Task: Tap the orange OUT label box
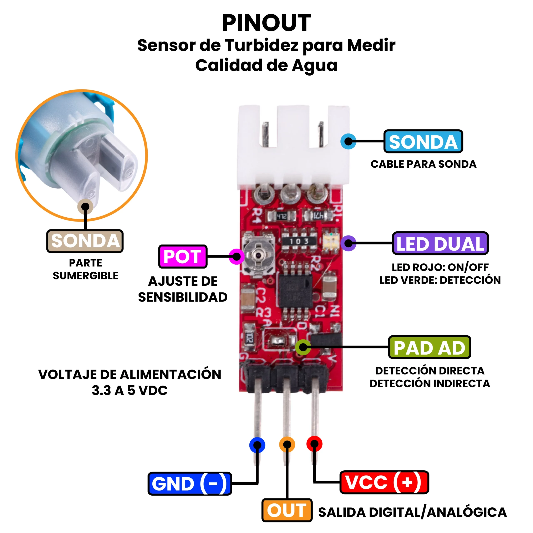pyautogui.click(x=287, y=510)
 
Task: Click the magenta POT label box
pyautogui.click(x=183, y=256)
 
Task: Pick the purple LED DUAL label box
pyautogui.click(x=440, y=243)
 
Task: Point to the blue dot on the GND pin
pyautogui.click(x=257, y=445)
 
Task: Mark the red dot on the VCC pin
pyautogui.click(x=314, y=444)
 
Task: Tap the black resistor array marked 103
pyautogui.click(x=299, y=241)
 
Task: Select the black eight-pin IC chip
pyautogui.click(x=295, y=290)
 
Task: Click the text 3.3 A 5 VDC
pyautogui.click(x=130, y=390)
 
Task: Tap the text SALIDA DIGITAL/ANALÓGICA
pyautogui.click(x=412, y=512)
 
